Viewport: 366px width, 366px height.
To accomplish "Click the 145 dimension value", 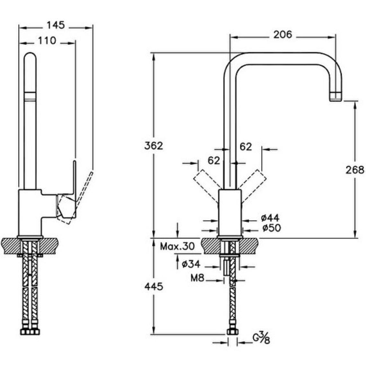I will point(56,25).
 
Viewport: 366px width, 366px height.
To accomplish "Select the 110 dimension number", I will point(47,41).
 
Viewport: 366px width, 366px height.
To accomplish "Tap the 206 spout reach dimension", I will point(283,34).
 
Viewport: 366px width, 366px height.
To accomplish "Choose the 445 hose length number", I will point(153,286).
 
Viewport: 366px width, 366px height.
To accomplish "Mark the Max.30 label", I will point(178,246).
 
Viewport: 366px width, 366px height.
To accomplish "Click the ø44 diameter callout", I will point(270,218).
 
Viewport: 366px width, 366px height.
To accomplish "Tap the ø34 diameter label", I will point(191,264).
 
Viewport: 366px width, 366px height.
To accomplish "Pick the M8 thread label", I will point(197,278).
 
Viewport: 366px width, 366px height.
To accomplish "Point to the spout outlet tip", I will point(336,96).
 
